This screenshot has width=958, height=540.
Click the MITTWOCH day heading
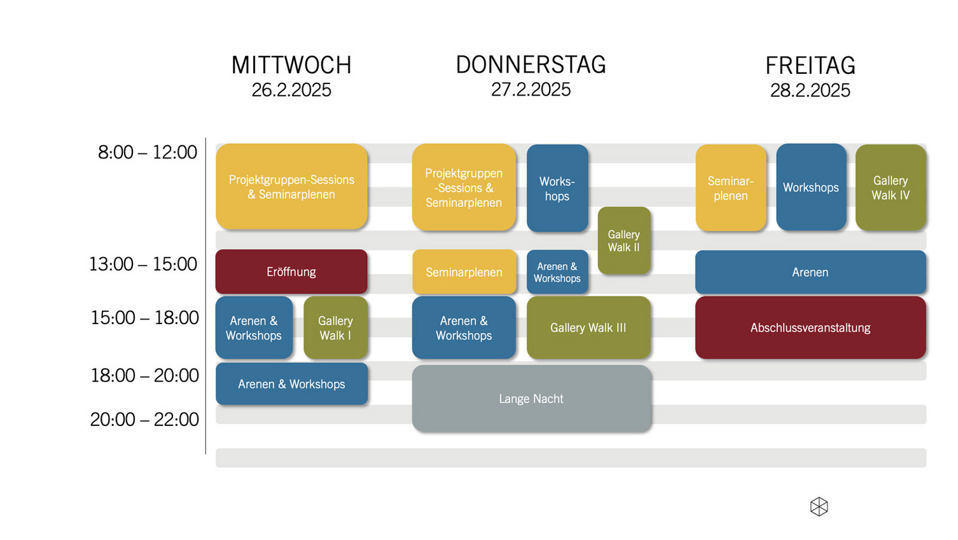point(291,65)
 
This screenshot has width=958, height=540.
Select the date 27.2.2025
point(531,90)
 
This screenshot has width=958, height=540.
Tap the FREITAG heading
point(810,66)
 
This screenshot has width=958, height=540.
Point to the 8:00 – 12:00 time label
point(148,152)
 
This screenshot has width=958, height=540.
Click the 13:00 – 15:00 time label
point(143,264)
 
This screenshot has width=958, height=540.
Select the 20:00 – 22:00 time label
point(144,419)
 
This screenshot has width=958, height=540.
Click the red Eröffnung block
point(291,272)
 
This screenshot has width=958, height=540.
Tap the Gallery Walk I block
point(335,328)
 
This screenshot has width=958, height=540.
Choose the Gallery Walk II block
point(623,241)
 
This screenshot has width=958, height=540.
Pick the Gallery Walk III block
point(588,328)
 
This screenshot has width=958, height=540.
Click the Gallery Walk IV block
point(890,188)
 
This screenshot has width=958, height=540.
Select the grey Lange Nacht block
point(531,399)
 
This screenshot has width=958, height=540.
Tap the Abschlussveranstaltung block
point(810,328)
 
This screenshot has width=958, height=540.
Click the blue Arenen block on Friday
point(810,273)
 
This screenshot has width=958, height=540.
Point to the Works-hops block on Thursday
point(557,188)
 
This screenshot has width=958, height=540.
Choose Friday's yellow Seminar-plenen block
point(730,188)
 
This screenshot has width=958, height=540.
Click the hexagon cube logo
point(819,507)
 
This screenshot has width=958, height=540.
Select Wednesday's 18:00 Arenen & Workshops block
point(291,384)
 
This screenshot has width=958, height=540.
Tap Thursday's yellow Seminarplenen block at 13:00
point(464,273)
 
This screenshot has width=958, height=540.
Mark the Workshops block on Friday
point(810,188)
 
